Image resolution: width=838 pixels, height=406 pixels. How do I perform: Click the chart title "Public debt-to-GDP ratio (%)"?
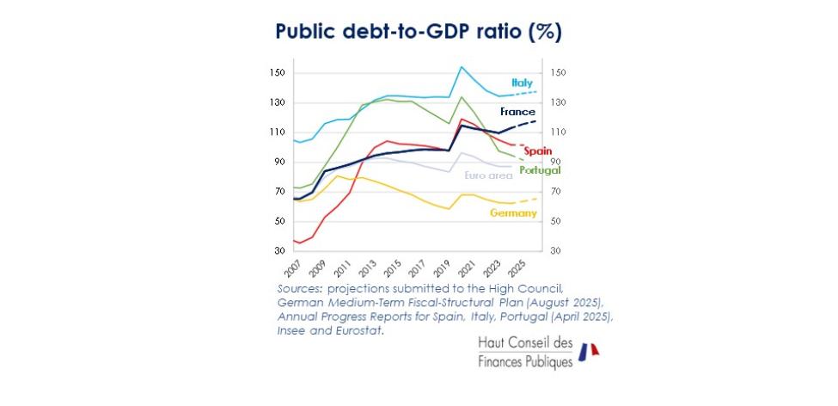(x=418, y=32)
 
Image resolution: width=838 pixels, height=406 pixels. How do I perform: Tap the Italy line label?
(x=522, y=83)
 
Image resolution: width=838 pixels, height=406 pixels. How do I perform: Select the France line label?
(x=517, y=112)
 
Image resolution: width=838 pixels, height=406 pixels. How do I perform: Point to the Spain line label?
(x=537, y=151)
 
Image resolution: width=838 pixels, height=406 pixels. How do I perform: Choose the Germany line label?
(x=514, y=212)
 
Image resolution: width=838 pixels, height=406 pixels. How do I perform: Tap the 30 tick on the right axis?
(x=556, y=251)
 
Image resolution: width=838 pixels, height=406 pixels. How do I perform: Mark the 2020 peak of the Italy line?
(x=462, y=66)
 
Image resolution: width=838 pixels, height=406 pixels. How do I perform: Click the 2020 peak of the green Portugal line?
(x=462, y=96)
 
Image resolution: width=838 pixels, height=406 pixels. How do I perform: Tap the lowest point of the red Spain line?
(x=298, y=243)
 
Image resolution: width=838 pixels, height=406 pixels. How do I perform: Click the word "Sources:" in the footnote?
(x=301, y=288)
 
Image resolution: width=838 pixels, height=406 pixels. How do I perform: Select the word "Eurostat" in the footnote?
(x=358, y=329)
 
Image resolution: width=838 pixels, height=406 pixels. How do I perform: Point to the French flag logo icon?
(x=588, y=351)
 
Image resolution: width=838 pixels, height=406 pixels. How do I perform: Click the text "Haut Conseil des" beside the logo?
(x=524, y=343)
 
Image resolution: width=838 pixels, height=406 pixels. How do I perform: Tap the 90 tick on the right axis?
(x=556, y=162)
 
